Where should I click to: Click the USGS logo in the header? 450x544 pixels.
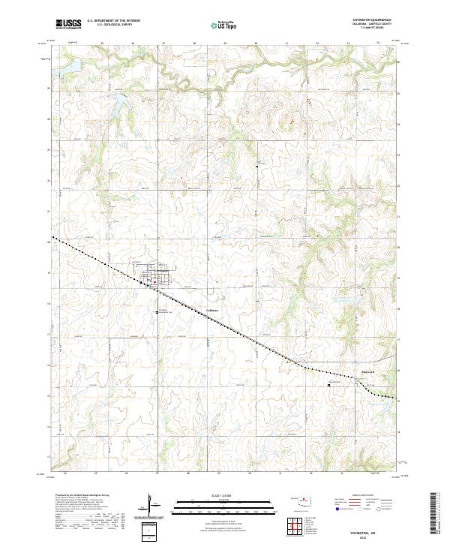[x=68, y=25]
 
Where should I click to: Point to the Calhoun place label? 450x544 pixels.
[x=212, y=311]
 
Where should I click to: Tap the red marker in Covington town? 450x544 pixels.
[x=152, y=283]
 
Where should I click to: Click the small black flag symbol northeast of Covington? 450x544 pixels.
[x=257, y=164]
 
